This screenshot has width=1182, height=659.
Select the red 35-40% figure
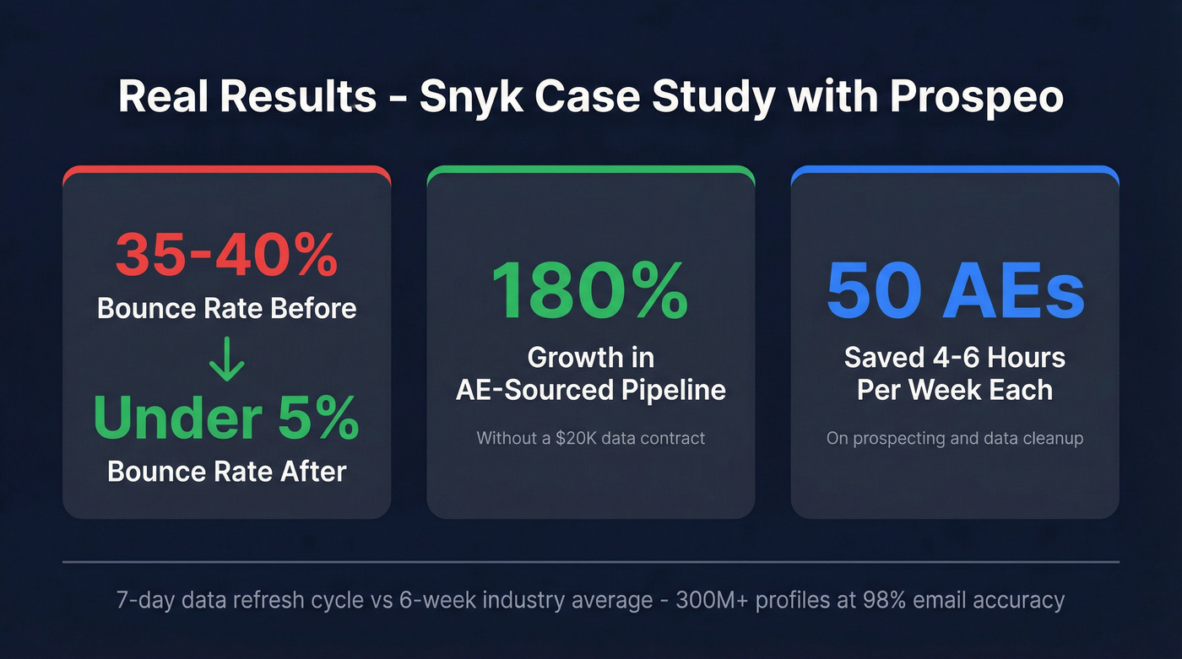point(226,254)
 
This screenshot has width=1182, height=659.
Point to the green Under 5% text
point(226,418)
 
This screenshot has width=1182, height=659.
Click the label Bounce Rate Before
point(226,308)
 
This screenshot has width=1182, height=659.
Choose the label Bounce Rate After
point(226,471)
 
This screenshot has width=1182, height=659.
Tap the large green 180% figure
point(590,290)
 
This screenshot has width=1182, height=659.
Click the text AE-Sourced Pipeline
point(590,390)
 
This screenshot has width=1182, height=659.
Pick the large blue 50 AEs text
point(955,290)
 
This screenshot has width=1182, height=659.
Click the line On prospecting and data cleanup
point(955,438)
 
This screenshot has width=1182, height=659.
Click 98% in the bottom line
point(890,601)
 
